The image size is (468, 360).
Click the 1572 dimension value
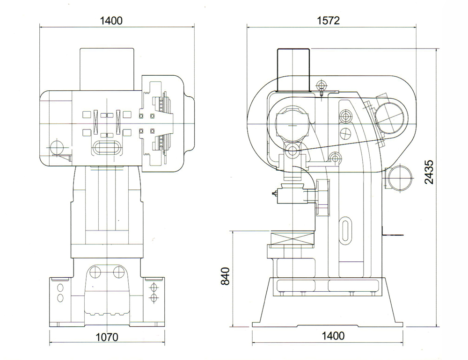click(x=328, y=21)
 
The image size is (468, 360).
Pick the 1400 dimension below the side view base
click(x=333, y=336)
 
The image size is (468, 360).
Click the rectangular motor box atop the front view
click(x=107, y=68)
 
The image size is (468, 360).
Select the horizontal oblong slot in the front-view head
click(x=107, y=148)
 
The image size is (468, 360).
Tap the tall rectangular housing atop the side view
click(x=293, y=70)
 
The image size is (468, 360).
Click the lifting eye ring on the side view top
click(x=321, y=85)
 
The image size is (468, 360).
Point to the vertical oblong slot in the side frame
click(x=346, y=230)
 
